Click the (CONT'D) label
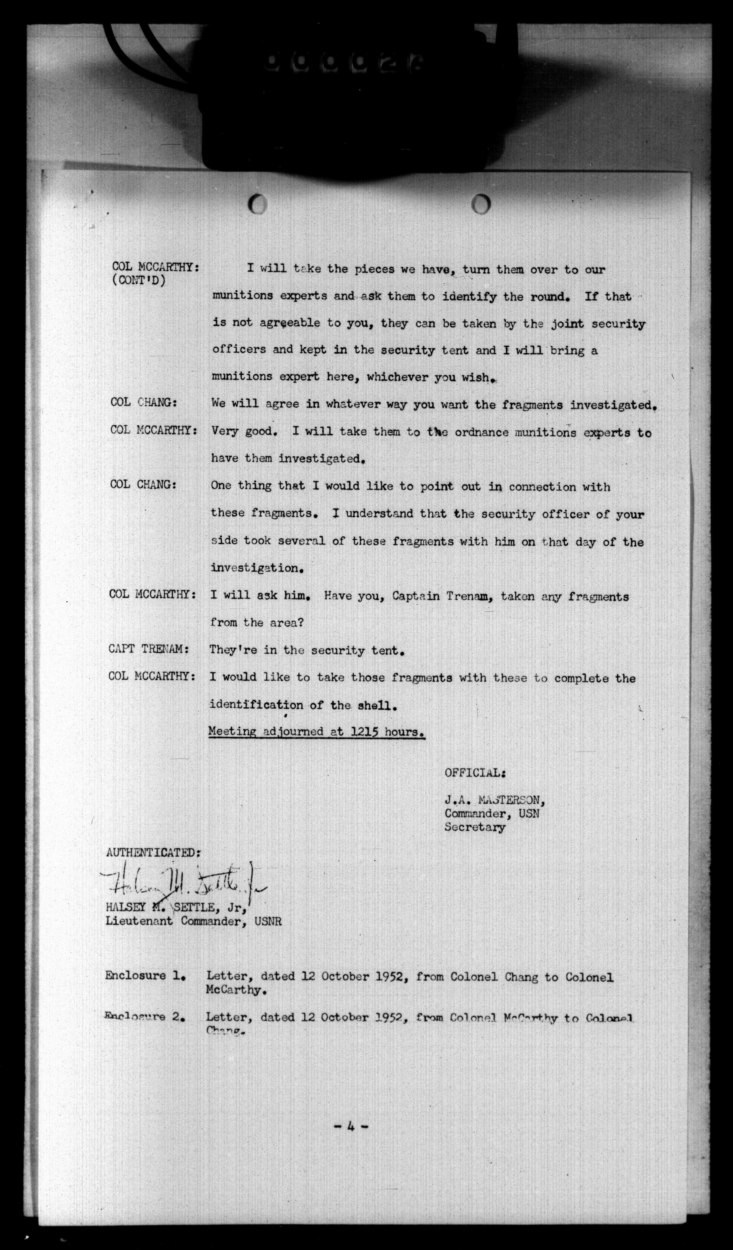click(139, 281)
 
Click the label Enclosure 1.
click(145, 975)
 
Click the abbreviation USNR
click(268, 921)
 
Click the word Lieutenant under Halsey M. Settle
click(140, 921)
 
